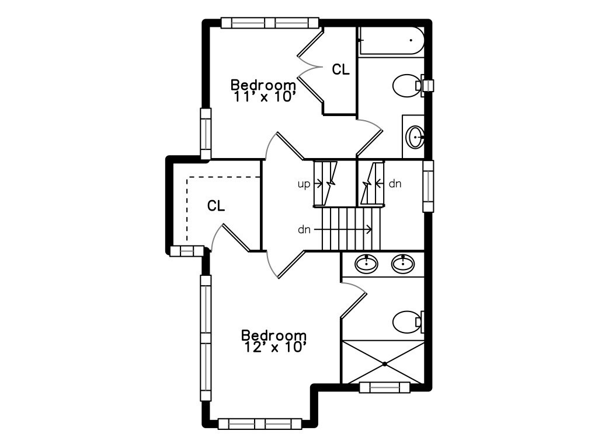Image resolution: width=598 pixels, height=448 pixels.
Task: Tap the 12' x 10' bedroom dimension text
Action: (274, 348)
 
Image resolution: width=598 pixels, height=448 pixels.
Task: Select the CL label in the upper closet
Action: (341, 70)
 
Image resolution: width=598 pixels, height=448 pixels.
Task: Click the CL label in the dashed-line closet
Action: (216, 206)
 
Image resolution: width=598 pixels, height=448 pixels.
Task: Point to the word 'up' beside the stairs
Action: (304, 184)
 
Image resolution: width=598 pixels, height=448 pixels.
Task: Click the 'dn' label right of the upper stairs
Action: (395, 184)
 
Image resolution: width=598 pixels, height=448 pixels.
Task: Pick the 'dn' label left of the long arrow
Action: (304, 230)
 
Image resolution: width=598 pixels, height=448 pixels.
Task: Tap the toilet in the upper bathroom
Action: (406, 86)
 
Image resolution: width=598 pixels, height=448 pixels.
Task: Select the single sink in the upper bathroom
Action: (415, 138)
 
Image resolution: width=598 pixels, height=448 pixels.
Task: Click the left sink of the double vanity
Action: (367, 264)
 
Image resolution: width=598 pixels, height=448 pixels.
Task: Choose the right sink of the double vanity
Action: (402, 264)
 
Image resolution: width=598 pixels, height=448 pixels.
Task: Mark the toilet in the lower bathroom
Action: (407, 321)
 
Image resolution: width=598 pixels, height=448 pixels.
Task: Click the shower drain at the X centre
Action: (385, 364)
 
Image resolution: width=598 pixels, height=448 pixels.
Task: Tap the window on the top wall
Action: (270, 23)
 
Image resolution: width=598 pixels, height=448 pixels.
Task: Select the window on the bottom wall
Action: (260, 423)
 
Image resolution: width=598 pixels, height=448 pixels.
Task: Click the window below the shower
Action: (384, 387)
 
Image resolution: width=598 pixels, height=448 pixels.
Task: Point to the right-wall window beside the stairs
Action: (429, 187)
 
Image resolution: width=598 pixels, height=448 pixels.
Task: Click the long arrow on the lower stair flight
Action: (345, 230)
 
